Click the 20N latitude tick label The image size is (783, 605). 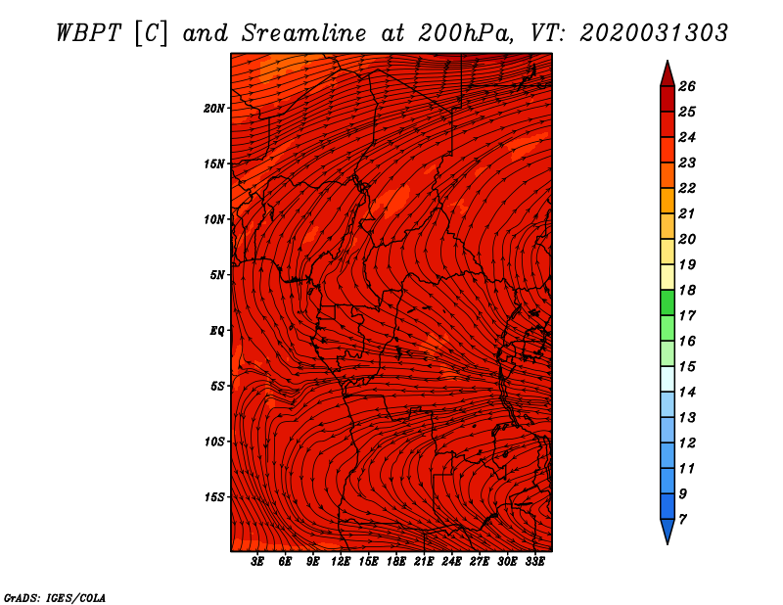click(214, 109)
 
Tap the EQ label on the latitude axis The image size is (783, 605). click(216, 331)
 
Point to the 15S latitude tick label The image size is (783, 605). click(214, 497)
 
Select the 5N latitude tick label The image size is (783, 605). click(217, 275)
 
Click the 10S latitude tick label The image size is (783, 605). click(214, 442)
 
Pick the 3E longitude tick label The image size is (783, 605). click(257, 562)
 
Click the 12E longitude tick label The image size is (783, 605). click(341, 562)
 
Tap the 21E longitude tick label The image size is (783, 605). click(424, 562)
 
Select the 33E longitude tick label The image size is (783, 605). click(534, 562)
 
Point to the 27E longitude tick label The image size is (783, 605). click(480, 562)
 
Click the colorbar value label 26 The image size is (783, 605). click(687, 86)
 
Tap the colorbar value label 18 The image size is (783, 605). click(687, 290)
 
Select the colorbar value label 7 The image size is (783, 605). click(683, 520)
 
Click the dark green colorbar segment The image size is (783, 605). click(668, 302)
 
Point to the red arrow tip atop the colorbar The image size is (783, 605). click(668, 62)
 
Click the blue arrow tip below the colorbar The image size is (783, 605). click(668, 543)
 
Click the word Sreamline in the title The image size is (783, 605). click(304, 33)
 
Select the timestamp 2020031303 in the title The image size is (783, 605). click(654, 33)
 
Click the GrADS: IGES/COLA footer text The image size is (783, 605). click(55, 597)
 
